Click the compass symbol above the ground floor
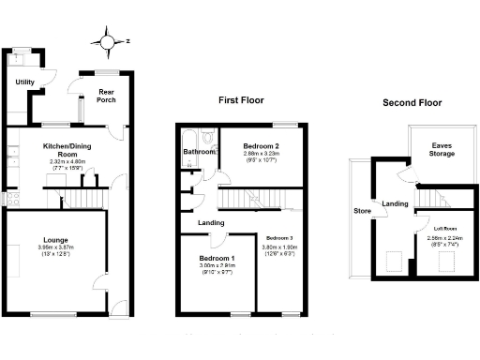coord(108,40)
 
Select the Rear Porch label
coord(106,96)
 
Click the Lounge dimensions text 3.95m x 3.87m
coord(54,247)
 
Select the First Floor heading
coord(241,99)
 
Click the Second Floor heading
coord(412,103)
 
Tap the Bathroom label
coord(199,151)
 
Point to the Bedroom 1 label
coord(217,258)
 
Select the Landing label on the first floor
coord(210,222)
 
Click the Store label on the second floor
coord(361,211)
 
